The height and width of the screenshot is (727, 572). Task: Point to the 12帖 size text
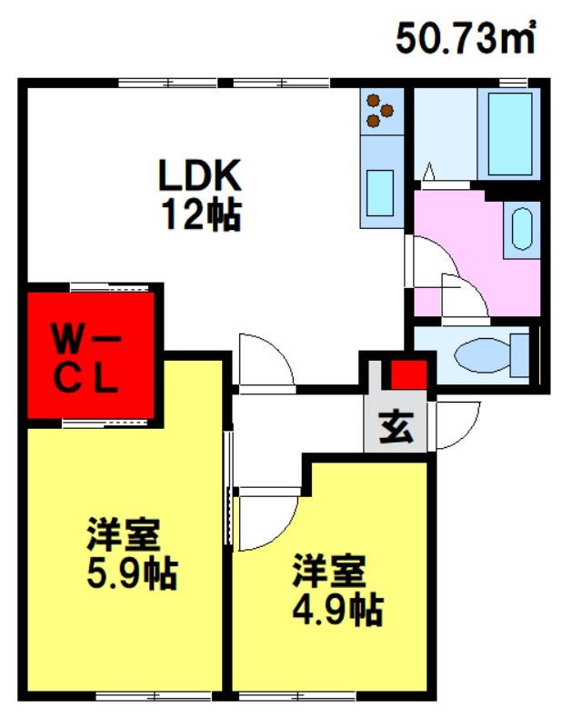(202, 215)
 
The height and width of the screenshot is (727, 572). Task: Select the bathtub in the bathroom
(508, 134)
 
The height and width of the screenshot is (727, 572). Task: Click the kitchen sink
(381, 192)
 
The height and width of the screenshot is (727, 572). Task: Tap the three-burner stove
(381, 111)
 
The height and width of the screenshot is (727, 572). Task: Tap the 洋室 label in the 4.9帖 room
(329, 570)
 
